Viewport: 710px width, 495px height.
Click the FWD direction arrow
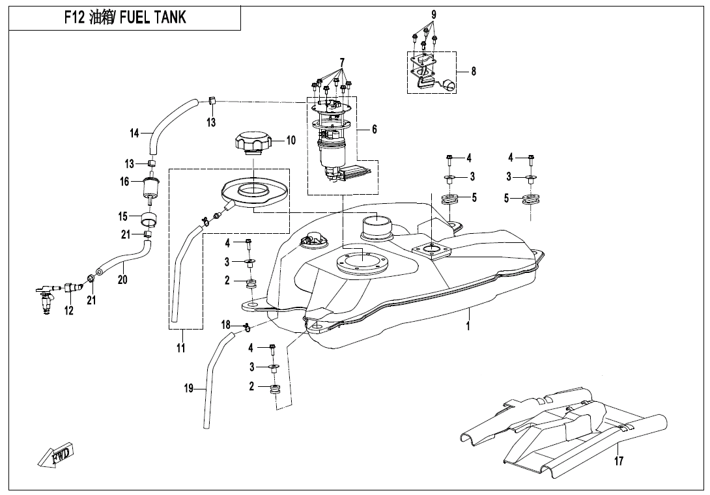click(x=55, y=454)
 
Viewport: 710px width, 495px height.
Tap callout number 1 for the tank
click(x=468, y=326)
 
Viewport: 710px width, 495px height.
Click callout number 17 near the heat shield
click(x=618, y=462)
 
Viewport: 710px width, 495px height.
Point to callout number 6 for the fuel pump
click(x=375, y=130)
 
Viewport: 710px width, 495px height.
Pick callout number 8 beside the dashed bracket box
click(x=474, y=72)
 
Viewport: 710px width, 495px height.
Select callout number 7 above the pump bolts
click(x=341, y=63)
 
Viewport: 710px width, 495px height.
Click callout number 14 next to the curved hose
click(x=135, y=134)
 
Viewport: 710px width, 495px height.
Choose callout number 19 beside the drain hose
click(x=189, y=389)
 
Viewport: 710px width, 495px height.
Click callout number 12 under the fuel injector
click(x=68, y=311)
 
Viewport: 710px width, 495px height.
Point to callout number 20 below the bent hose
click(x=122, y=279)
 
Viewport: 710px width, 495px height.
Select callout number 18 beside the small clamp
click(x=225, y=324)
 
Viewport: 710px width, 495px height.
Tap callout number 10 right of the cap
click(x=291, y=140)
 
